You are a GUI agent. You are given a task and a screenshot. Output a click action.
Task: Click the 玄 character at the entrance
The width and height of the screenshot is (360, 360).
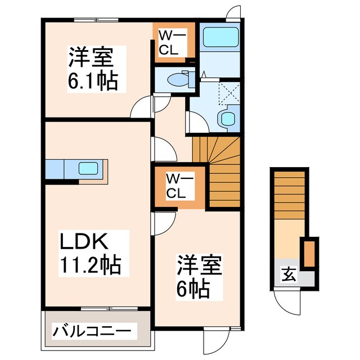288,275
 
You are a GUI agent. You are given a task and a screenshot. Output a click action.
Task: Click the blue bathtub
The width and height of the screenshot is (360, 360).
220,38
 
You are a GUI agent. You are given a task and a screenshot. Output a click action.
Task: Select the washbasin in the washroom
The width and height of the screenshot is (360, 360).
228,118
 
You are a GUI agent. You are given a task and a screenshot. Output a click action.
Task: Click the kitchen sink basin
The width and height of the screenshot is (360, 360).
89,168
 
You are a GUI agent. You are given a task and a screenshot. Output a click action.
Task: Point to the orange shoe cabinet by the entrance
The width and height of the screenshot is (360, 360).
308,254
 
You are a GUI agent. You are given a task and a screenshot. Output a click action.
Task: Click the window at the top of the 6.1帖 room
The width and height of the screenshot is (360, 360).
96,20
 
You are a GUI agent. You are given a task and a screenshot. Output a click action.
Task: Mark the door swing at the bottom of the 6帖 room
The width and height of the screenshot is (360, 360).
215,339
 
